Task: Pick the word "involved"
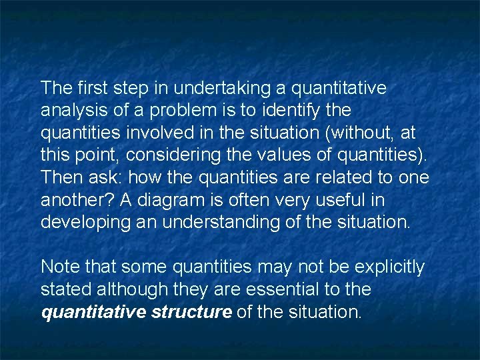(169, 133)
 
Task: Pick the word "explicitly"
(389, 267)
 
